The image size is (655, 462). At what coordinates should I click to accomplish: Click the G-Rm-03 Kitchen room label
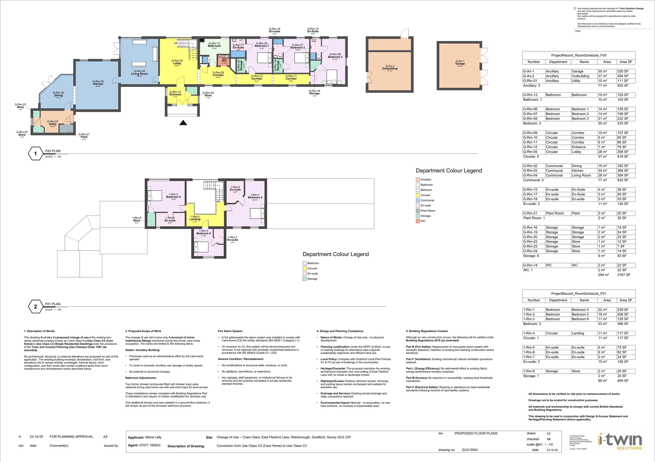click(x=98, y=83)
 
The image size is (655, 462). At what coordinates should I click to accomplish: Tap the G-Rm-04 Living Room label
click(x=139, y=73)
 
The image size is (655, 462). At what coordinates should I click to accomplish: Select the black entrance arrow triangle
click(x=183, y=123)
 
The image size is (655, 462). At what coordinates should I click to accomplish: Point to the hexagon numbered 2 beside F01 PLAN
click(x=35, y=307)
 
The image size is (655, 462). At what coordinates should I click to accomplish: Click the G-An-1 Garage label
click(x=460, y=63)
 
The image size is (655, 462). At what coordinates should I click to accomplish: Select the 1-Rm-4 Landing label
click(x=195, y=218)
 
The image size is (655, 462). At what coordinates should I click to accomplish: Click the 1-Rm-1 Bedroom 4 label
click(x=255, y=196)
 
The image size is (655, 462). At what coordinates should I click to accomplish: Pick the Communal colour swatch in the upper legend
click(x=418, y=200)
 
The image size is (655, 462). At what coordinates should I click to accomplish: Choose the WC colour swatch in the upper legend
click(x=418, y=221)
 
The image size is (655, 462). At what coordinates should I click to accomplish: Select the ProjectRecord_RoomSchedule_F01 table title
click(x=579, y=294)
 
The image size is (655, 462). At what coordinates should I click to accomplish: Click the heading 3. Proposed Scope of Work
click(x=143, y=331)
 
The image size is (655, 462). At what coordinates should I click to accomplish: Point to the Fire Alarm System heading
click(x=230, y=331)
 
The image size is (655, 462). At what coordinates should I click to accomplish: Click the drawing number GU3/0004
click(x=470, y=450)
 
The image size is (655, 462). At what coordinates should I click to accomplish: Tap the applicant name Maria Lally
click(x=153, y=437)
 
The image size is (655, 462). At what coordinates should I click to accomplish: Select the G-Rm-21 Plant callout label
click(x=84, y=136)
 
